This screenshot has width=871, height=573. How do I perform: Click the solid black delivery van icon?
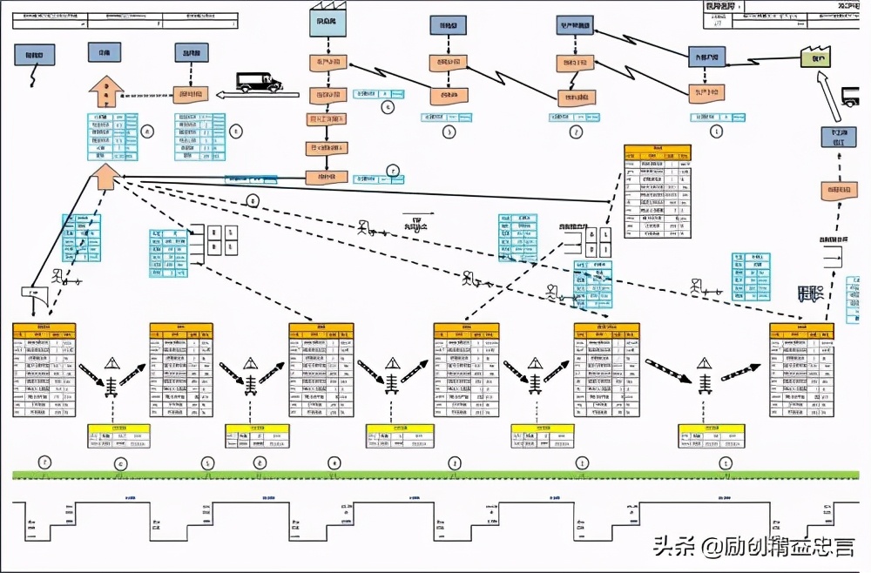260,81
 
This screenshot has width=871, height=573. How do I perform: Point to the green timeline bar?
435,475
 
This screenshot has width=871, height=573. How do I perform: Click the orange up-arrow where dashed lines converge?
105,177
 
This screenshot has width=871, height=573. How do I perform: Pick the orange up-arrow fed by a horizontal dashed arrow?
105,91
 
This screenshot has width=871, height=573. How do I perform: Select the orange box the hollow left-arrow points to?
190,94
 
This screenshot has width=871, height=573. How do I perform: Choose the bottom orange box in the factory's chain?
326,177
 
